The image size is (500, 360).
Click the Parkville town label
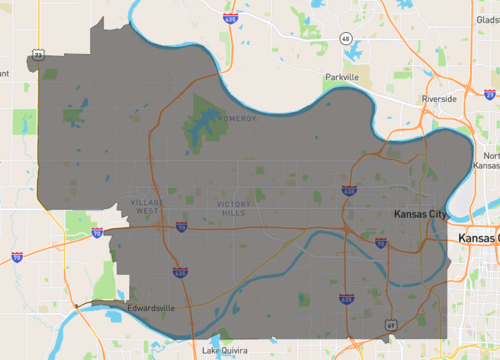340,76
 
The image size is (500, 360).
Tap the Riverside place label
439,99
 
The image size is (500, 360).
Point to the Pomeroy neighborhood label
241,119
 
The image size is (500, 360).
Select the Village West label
146,207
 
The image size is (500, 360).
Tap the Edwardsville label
151,308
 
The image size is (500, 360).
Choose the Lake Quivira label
225,351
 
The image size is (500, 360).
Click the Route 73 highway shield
38,54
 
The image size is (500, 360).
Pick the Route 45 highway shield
345,38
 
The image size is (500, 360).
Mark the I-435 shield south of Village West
179,270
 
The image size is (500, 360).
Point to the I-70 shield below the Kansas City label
381,241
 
